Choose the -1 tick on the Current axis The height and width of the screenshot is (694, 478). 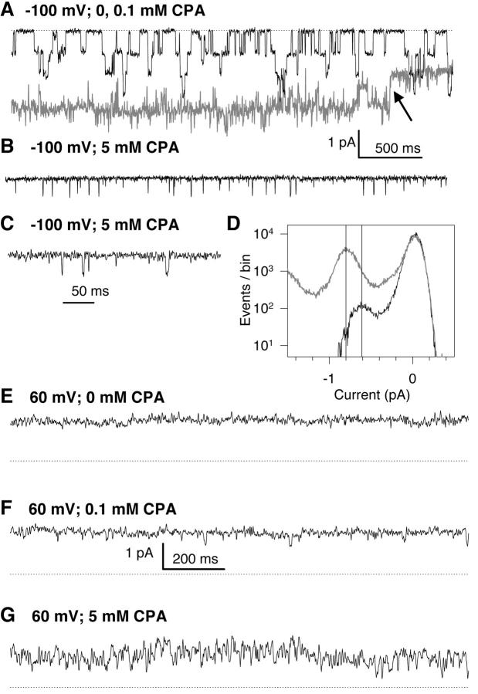328,379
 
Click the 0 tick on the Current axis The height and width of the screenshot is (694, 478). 413,379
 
